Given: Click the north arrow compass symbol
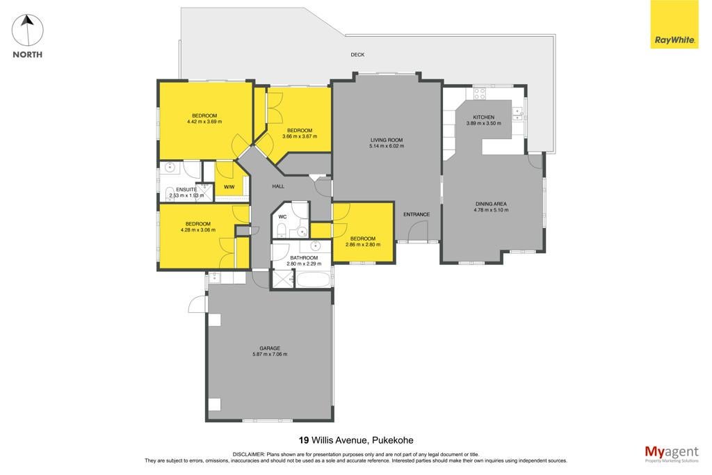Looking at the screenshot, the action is point(27,31).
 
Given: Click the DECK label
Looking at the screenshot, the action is point(358,54).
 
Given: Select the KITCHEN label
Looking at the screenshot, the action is point(484,117).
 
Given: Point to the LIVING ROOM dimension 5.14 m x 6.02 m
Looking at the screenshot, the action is point(387,146).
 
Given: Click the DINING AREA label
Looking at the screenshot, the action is point(492,204).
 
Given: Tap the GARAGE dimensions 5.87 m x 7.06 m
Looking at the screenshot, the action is point(270,354).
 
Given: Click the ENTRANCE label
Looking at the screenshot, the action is point(416,214).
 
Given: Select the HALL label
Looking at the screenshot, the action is point(278,186).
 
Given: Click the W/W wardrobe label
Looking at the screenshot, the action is point(229,187).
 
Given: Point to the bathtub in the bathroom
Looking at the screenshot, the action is point(314,280).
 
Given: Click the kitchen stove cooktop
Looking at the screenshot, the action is point(480,94).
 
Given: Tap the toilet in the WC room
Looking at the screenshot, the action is point(282,230).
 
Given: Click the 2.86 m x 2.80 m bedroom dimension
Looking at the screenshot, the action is point(363,244).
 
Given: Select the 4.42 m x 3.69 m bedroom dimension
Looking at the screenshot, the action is point(204,122).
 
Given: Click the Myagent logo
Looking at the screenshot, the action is point(672,453).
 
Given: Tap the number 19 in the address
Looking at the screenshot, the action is point(304,440).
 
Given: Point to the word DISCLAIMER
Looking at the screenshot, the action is point(248,454).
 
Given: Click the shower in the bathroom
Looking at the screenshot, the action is point(282,280).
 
